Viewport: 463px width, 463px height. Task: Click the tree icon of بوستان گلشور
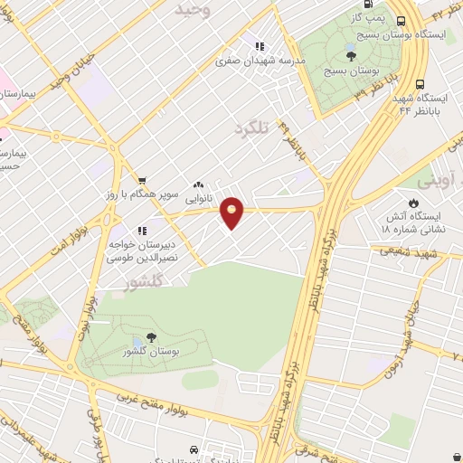[150, 337]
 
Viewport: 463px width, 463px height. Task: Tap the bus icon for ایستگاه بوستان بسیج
[401, 22]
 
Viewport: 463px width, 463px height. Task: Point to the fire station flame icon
[414, 203]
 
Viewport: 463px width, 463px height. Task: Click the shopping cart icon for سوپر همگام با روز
[142, 181]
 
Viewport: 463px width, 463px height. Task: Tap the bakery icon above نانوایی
[197, 184]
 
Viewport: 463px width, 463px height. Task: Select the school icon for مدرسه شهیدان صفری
[260, 47]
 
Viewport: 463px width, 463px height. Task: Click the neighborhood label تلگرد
[252, 128]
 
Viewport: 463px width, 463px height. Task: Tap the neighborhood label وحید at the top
[193, 9]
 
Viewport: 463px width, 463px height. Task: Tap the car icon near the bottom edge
[194, 449]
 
